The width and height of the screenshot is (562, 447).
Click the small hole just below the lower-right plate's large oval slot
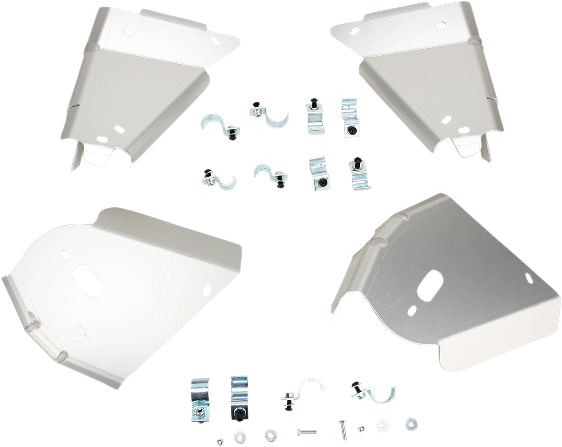click(x=413, y=310)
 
